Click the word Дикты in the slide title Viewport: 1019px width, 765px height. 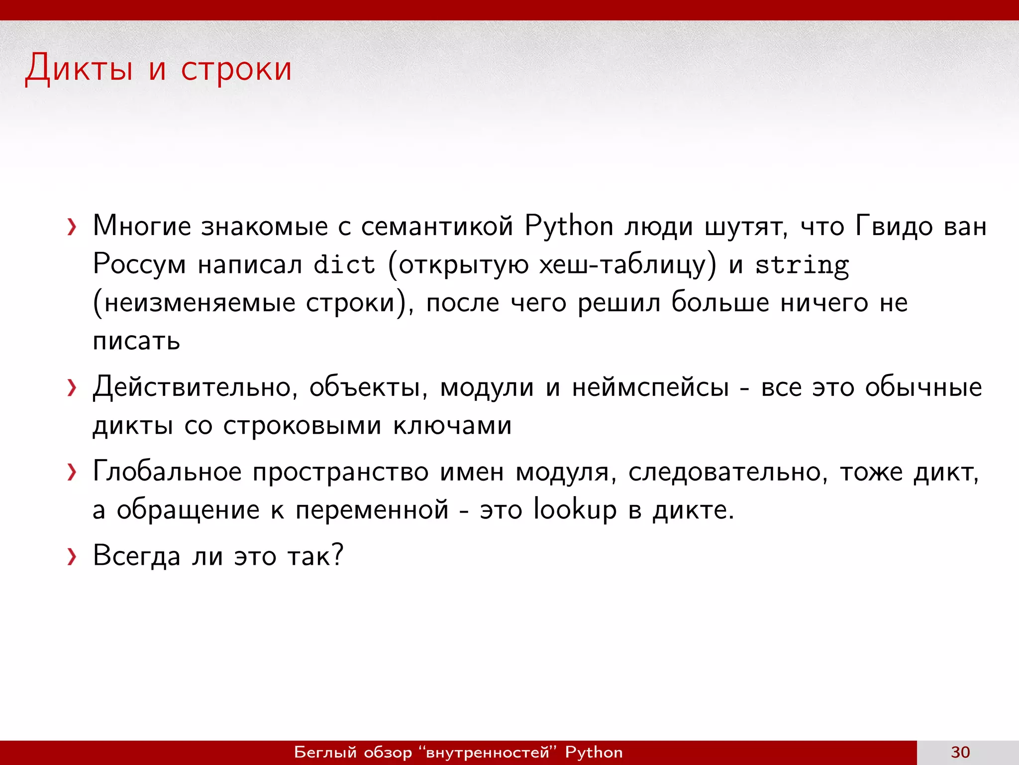[79, 68]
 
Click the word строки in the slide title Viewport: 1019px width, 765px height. [236, 69]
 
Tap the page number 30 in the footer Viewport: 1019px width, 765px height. [960, 752]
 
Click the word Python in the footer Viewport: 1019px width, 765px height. [594, 752]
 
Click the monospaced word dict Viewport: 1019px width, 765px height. [344, 264]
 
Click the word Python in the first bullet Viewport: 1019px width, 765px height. [569, 227]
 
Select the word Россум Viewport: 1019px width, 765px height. [139, 264]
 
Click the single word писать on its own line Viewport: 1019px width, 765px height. [136, 341]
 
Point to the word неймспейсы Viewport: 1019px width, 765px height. [650, 387]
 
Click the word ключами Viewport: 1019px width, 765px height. [452, 425]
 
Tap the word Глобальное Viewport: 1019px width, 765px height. [167, 471]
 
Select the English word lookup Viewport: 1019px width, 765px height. [575, 510]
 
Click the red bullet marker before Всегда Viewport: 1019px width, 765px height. [72, 556]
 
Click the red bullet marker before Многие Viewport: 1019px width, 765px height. [72, 227]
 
